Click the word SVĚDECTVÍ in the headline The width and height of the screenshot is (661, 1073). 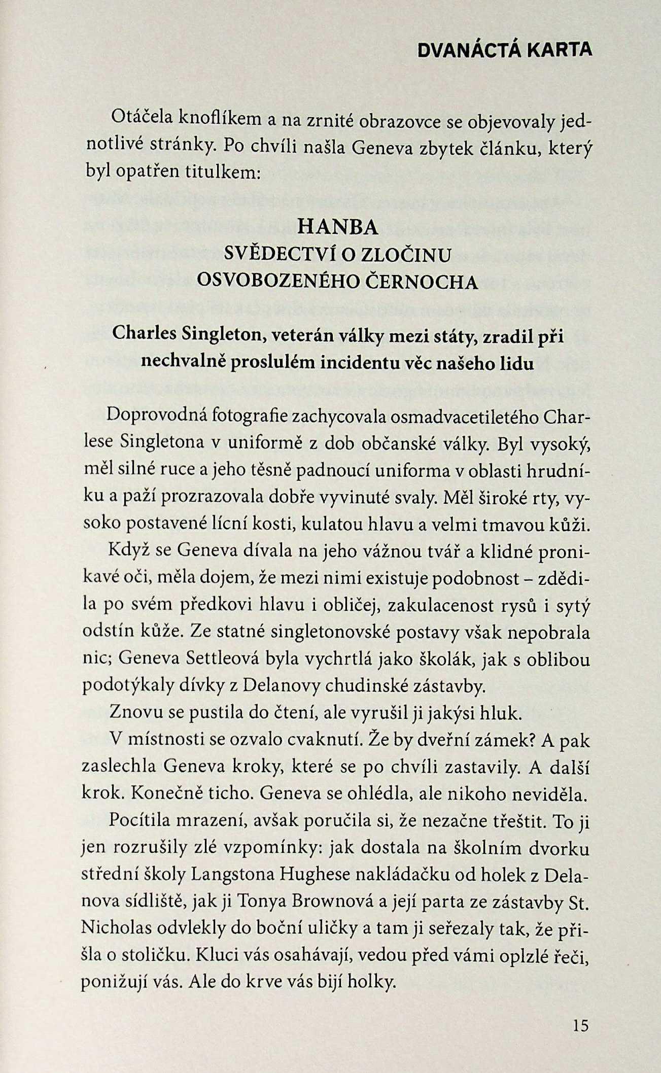point(277,255)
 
